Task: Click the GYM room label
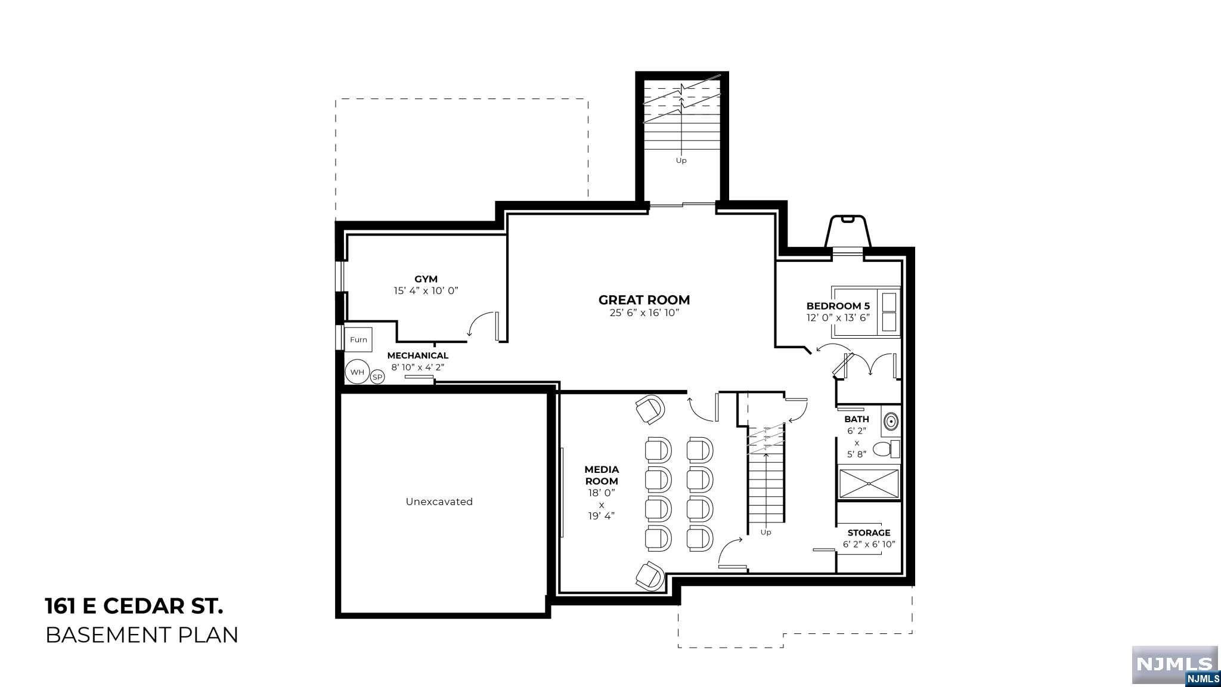[x=426, y=279]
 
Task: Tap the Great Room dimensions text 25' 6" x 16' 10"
[x=644, y=313]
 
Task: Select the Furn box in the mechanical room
[x=358, y=339]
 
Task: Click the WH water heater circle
[x=357, y=372]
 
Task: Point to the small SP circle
[x=377, y=377]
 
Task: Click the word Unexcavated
[x=439, y=502]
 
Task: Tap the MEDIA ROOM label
[x=601, y=475]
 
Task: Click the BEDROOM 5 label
[x=838, y=306]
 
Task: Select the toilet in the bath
[x=886, y=449]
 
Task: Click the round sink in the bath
[x=890, y=421]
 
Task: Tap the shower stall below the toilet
[x=869, y=484]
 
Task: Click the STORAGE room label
[x=869, y=533]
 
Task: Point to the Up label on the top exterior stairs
[x=681, y=160]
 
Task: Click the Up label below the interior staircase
[x=766, y=532]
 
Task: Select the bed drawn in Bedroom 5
[x=866, y=312]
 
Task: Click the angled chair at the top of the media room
[x=649, y=410]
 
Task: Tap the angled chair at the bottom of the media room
[x=649, y=575]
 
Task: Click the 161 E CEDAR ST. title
[x=134, y=606]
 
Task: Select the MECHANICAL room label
[x=417, y=355]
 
